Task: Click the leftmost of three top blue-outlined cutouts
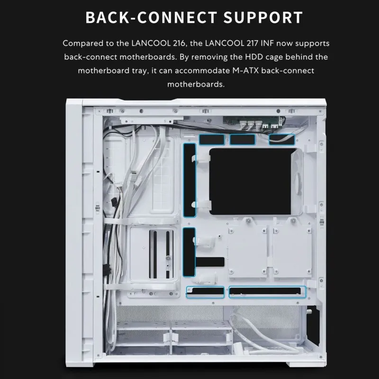point(211,140)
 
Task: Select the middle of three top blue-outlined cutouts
point(244,140)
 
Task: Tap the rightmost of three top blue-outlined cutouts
point(282,139)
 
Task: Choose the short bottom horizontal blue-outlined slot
point(205,293)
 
